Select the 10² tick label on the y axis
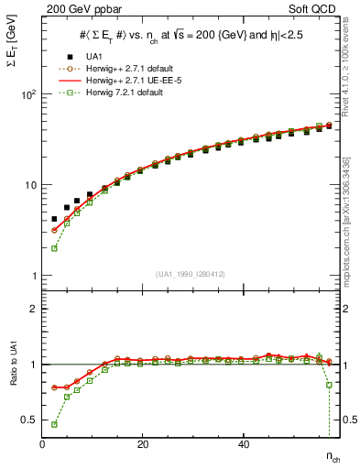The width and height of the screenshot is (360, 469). (27, 94)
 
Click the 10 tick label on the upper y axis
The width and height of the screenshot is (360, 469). (29, 185)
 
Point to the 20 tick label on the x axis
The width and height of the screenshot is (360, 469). (142, 444)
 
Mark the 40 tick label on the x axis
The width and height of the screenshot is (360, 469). (242, 444)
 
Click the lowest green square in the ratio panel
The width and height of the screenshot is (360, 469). (54, 424)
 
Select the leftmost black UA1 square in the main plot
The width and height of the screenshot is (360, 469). (54, 220)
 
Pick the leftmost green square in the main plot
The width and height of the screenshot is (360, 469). (54, 248)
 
